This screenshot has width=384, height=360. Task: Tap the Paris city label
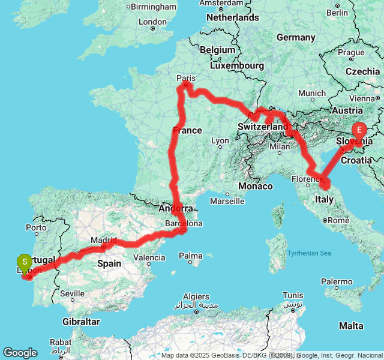187,78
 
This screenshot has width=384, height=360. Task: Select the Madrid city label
104,240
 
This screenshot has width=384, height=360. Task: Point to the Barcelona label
184,223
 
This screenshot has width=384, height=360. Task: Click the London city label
152,22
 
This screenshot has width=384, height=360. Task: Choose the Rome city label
338,220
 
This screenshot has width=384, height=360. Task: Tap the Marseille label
227,201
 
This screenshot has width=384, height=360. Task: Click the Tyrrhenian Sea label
309,253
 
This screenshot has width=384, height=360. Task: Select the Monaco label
256,187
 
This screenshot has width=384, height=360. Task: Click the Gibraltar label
80,322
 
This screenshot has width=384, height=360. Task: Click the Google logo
20,353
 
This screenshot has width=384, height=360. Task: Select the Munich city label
311,93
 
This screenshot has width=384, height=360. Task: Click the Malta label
351,326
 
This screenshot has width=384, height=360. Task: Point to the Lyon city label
220,141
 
